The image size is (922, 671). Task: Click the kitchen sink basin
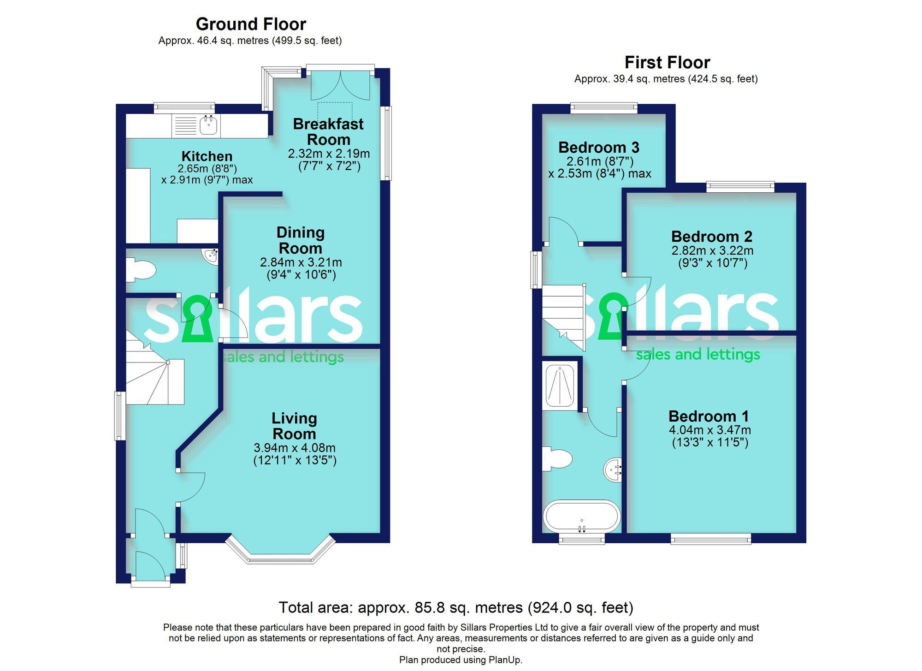pyautogui.click(x=209, y=125)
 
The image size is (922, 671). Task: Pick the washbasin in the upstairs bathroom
pyautogui.click(x=613, y=469)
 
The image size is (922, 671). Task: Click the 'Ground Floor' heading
pyautogui.click(x=251, y=24)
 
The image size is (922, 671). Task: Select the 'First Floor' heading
pyautogui.click(x=667, y=62)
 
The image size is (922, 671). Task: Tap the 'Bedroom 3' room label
pyautogui.click(x=598, y=148)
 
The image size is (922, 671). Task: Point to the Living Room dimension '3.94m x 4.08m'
pyautogui.click(x=294, y=448)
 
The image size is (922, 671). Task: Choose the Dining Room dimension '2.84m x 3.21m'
pyautogui.click(x=301, y=262)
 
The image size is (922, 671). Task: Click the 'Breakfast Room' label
pyautogui.click(x=328, y=131)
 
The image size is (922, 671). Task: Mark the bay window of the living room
pyautogui.click(x=282, y=552)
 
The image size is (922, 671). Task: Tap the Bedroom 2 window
pyautogui.click(x=740, y=187)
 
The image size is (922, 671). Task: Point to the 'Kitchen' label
pyautogui.click(x=207, y=156)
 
